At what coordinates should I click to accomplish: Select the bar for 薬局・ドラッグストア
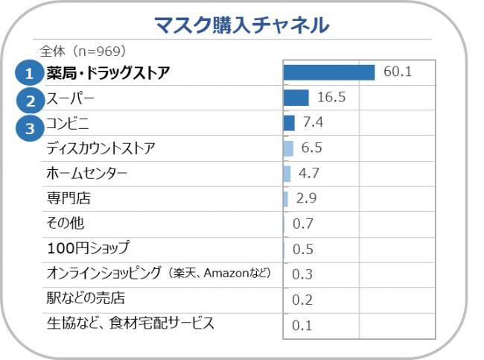point(328,72)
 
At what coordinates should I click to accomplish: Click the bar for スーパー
point(296,98)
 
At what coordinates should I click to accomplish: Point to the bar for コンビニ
point(289,122)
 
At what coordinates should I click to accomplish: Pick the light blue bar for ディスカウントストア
point(288,148)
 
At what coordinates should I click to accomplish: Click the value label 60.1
point(396,72)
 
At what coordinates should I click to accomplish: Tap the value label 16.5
point(331,98)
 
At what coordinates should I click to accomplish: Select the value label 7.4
point(313,122)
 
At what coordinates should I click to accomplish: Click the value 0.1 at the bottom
point(302,325)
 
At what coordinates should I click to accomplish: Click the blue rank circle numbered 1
point(30,73)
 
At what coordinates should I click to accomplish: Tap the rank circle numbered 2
point(30,99)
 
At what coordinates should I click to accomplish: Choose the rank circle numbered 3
point(30,127)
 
